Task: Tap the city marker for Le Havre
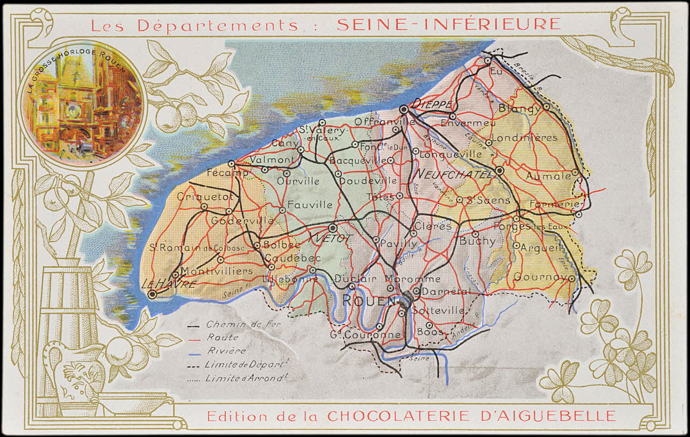pyautogui.click(x=153, y=294)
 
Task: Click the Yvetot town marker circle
pyautogui.click(x=333, y=228)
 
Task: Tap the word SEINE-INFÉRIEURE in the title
pyautogui.click(x=448, y=24)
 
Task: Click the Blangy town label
pyautogui.click(x=520, y=109)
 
